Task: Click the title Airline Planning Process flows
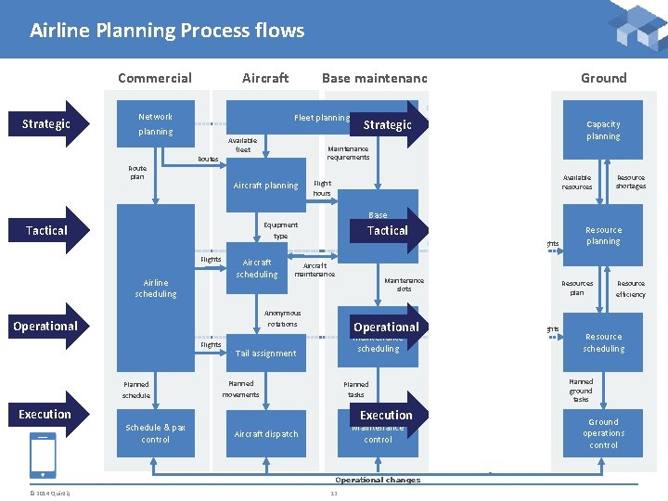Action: click(167, 31)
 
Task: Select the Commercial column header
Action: click(155, 78)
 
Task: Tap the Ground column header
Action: click(603, 78)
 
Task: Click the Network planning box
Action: click(155, 124)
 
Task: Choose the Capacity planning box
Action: click(603, 130)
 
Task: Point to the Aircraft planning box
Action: click(265, 186)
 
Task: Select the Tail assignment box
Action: click(265, 353)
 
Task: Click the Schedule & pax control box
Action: click(155, 433)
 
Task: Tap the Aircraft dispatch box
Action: click(265, 433)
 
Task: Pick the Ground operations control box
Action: click(603, 433)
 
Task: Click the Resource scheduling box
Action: click(603, 342)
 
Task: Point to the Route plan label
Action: click(137, 173)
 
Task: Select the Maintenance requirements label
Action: click(348, 153)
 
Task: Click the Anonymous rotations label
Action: click(282, 318)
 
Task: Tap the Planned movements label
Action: click(240, 389)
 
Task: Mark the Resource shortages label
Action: click(631, 182)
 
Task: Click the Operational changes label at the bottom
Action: click(378, 480)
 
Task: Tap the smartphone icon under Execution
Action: click(44, 456)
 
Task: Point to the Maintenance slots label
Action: click(404, 284)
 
